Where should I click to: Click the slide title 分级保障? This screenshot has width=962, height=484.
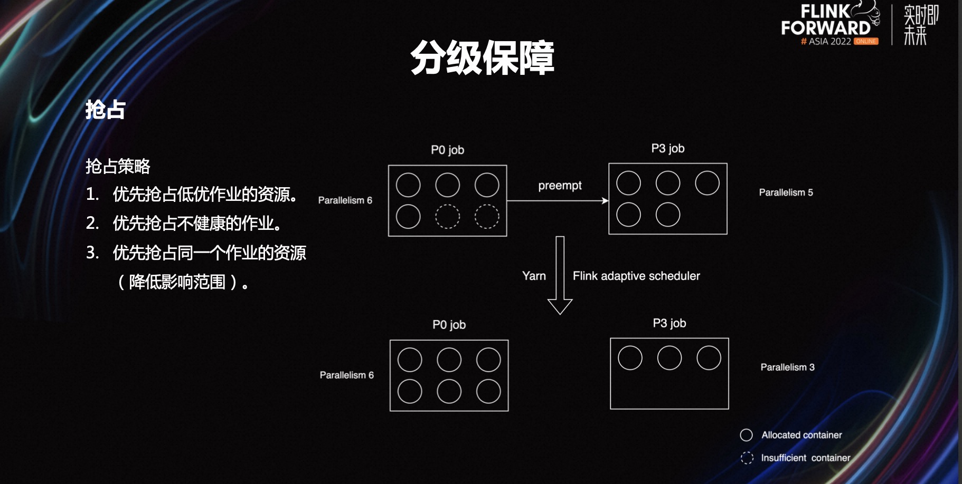pos(482,57)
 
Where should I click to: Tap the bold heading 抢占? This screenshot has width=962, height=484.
pos(105,110)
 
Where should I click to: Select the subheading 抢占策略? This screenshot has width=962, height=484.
pos(118,166)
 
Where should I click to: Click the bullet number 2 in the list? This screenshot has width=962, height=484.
pos(92,223)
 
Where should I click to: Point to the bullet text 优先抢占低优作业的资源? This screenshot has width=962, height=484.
pos(205,194)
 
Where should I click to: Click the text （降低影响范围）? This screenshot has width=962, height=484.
pos(182,282)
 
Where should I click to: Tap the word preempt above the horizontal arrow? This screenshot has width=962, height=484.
pos(560,186)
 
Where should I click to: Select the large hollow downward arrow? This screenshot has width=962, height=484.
pos(560,275)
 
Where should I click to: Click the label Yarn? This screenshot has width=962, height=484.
pos(534,276)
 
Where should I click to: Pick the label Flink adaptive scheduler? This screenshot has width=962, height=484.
pos(636,276)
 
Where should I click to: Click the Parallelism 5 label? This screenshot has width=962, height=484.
pos(786,192)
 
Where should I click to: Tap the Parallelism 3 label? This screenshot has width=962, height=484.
pos(787,367)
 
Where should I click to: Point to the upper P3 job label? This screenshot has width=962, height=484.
pos(668,149)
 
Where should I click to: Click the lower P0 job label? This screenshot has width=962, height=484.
pos(449,325)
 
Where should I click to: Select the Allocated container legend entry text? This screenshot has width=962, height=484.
pos(801,435)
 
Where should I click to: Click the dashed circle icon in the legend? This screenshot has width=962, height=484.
pos(747,458)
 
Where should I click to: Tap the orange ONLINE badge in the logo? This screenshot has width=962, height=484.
pos(866,41)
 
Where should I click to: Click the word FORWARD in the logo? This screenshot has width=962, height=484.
pos(825,28)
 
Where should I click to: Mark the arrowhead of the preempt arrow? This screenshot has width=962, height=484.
pos(605,200)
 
